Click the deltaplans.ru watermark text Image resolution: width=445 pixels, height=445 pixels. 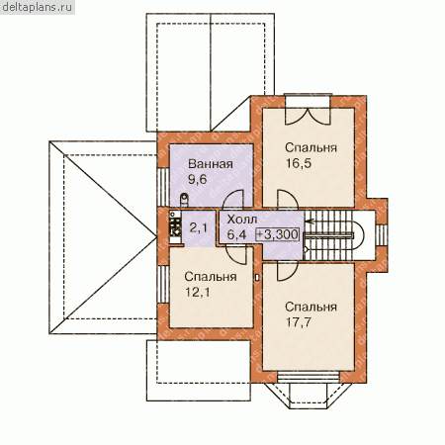coord(37,7)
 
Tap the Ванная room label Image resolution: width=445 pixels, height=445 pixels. coord(211,164)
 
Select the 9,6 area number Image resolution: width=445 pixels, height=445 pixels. coord(197,179)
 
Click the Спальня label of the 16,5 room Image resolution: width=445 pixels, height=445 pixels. coord(311,148)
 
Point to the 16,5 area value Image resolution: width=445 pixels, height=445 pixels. coord(298,163)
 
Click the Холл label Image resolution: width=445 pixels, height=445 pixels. coord(242,220)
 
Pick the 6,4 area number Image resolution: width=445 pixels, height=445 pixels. coord(236,234)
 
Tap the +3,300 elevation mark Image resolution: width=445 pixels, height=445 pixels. coord(278,234)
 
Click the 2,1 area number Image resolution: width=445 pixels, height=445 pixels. coord(199,227)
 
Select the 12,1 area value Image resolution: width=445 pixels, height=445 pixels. coord(197,292)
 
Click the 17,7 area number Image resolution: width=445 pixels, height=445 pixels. coord(298,322)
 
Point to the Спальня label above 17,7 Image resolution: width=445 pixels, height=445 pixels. coord(311,307)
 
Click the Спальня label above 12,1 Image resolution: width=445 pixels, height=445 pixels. coord(211,277)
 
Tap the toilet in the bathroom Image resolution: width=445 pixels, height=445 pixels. coord(184,200)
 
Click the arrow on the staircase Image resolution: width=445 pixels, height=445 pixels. coord(311,222)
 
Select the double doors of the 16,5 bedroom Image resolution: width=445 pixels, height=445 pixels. coord(308,116)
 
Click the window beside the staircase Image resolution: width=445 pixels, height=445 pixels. coord(382,234)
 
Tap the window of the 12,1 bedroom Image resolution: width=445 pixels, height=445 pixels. coord(163,284)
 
